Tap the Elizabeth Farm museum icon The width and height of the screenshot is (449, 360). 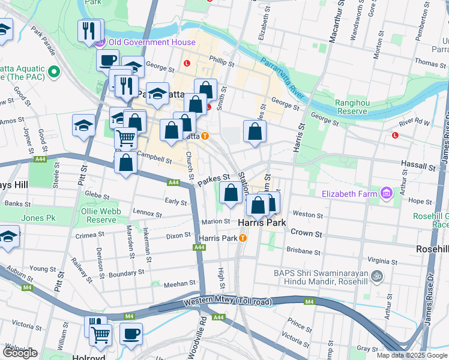coord(385,193)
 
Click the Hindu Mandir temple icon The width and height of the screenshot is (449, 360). coord(376,277)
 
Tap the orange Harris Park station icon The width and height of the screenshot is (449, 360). coord(243,238)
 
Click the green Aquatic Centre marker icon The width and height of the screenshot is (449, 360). coord(55,71)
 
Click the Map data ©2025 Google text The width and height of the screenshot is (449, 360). coord(411,355)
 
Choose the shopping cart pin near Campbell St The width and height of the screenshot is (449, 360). coord(126,139)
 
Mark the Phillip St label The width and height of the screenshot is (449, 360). coord(221,59)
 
